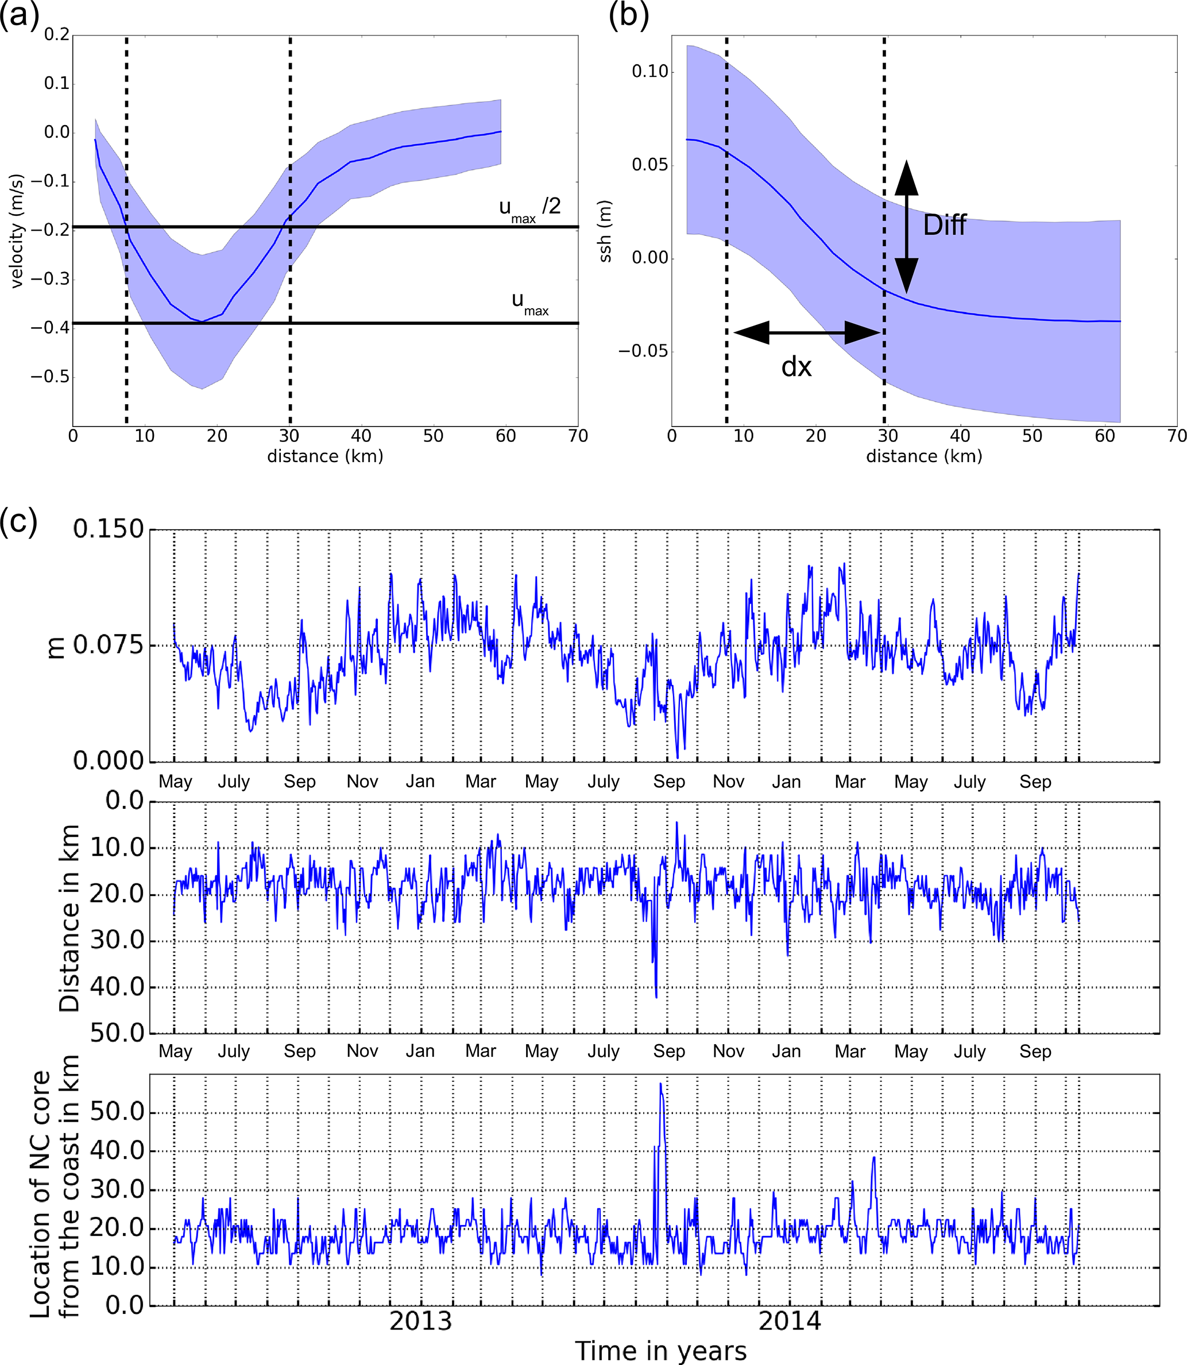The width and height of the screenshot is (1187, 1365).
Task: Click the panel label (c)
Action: [18, 521]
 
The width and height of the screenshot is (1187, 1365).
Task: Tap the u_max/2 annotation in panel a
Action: [529, 208]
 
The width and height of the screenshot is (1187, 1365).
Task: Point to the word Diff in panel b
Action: [945, 226]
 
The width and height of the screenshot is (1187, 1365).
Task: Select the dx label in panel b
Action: [796, 367]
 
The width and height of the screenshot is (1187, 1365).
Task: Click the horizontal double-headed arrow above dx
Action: [806, 332]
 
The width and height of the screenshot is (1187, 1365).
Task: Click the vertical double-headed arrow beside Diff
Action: [906, 226]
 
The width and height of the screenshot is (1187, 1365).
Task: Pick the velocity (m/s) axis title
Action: [17, 230]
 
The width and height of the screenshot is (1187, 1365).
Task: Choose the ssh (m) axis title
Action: [605, 230]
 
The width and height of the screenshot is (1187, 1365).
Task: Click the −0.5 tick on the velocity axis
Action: [51, 377]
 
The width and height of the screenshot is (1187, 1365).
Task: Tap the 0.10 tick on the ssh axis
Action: [649, 72]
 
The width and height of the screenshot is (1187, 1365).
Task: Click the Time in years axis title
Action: [660, 1351]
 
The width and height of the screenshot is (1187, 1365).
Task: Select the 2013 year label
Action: [420, 1321]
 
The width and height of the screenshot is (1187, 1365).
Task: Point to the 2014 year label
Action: [790, 1321]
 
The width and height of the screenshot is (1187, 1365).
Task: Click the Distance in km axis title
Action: [69, 917]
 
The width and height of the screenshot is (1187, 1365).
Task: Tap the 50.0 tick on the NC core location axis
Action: [117, 1111]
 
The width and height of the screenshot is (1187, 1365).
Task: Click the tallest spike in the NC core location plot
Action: [660, 1084]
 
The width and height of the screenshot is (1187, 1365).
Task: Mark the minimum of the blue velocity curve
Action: [200, 321]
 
